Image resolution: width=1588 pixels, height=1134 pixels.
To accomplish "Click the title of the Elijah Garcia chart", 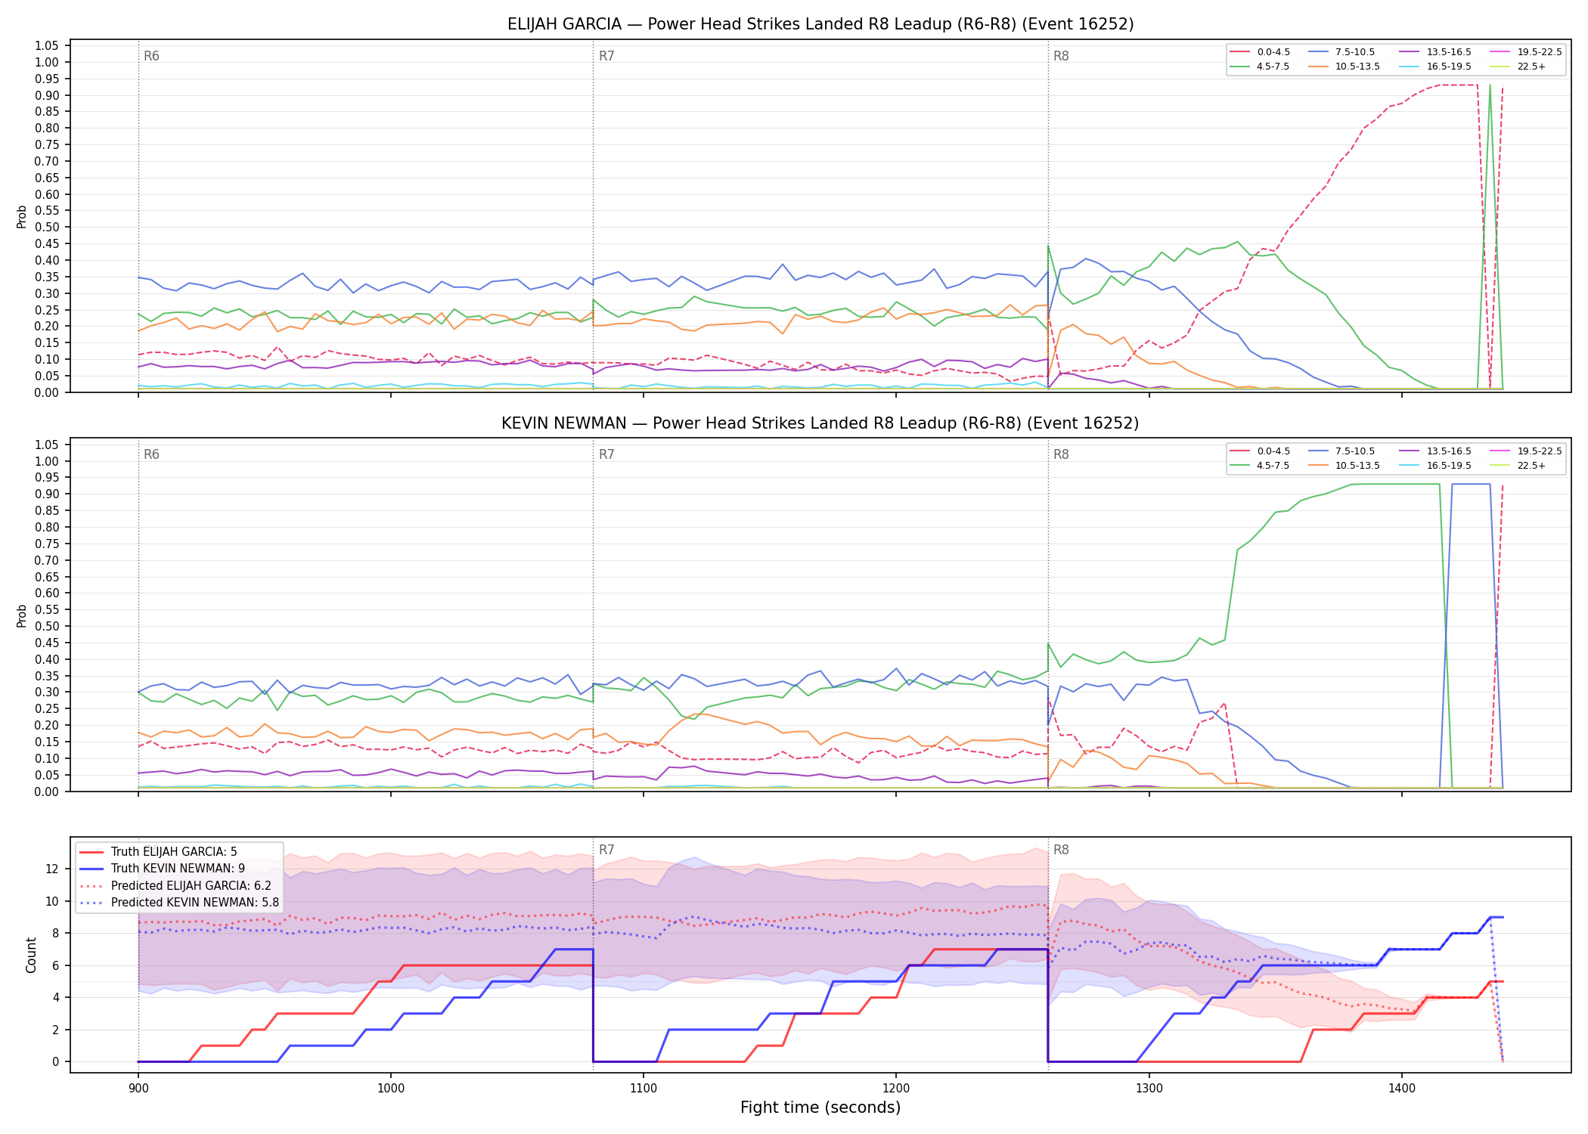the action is click(x=820, y=24).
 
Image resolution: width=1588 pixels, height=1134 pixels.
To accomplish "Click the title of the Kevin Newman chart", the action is click(x=820, y=423).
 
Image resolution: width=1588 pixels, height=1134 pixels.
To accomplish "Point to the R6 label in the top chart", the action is click(x=151, y=56).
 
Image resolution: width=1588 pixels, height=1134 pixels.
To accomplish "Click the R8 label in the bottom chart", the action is click(x=1061, y=850).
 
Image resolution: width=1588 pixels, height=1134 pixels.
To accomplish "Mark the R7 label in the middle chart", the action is click(x=606, y=454).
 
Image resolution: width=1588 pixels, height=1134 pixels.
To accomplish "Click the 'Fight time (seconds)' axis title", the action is click(x=820, y=1108).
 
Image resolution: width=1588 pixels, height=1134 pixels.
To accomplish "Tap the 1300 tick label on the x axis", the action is click(x=1149, y=1089).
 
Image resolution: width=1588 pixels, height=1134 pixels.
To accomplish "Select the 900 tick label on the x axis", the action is click(x=138, y=1089).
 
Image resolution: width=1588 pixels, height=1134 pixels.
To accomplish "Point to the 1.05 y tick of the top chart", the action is click(x=47, y=46).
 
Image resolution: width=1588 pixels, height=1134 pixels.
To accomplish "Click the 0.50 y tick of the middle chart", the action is click(x=47, y=626).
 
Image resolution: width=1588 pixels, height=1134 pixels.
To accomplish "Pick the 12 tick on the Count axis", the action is click(x=52, y=869).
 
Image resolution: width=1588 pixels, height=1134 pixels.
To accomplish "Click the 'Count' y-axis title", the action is click(x=31, y=955).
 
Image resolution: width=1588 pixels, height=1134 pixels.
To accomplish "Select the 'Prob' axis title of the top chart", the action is click(x=22, y=216).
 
